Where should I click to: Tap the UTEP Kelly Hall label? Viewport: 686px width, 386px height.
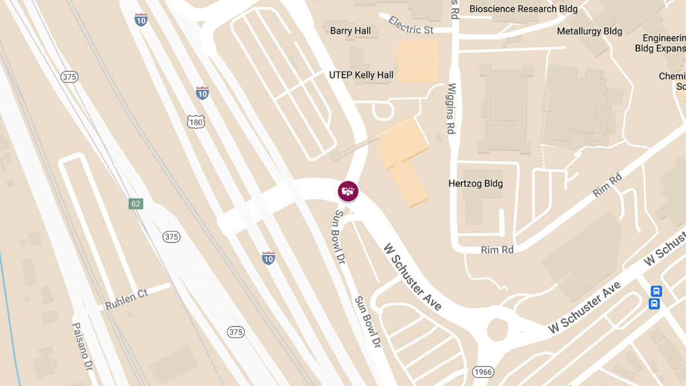(361, 75)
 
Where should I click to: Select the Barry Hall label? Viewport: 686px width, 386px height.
(350, 31)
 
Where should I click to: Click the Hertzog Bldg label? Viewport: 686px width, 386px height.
(476, 184)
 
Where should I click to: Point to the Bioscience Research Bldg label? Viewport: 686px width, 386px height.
(523, 9)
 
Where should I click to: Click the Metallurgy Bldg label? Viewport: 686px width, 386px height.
(589, 31)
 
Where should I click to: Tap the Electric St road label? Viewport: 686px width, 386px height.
(410, 25)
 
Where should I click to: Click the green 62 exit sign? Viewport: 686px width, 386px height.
(135, 204)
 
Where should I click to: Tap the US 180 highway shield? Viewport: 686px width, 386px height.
(195, 121)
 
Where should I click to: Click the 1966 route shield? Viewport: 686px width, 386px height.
(483, 372)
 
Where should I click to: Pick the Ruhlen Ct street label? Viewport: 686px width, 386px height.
(126, 300)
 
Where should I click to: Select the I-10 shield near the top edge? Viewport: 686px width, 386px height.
(141, 20)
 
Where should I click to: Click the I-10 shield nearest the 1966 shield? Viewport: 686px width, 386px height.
(269, 258)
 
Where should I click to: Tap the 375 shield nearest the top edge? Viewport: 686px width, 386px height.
(70, 77)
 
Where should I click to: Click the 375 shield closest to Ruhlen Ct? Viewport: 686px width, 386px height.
(171, 237)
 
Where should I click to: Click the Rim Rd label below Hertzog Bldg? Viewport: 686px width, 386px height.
(497, 250)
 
